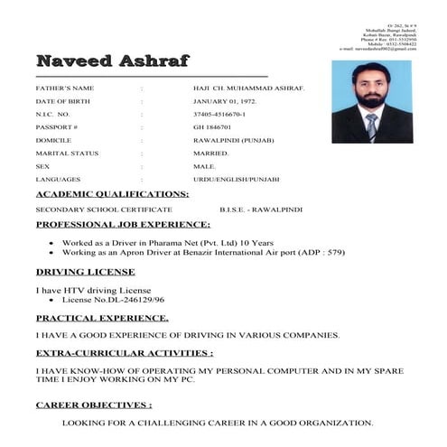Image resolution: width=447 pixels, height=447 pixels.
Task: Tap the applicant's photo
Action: click(371, 101)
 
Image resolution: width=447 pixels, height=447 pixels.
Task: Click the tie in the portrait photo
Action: click(371, 126)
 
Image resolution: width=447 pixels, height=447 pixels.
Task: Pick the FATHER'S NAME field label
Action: click(64, 88)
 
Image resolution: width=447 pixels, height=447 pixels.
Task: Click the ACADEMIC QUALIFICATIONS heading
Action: click(112, 194)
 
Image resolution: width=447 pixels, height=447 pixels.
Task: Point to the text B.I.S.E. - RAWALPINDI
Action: click(261, 209)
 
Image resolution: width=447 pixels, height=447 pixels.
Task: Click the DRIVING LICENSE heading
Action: click(85, 271)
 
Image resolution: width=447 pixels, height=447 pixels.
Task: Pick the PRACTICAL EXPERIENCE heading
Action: click(102, 318)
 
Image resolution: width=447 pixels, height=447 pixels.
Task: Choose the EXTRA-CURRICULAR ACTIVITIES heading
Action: click(125, 352)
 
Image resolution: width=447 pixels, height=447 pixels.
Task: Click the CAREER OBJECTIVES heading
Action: click(94, 405)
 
